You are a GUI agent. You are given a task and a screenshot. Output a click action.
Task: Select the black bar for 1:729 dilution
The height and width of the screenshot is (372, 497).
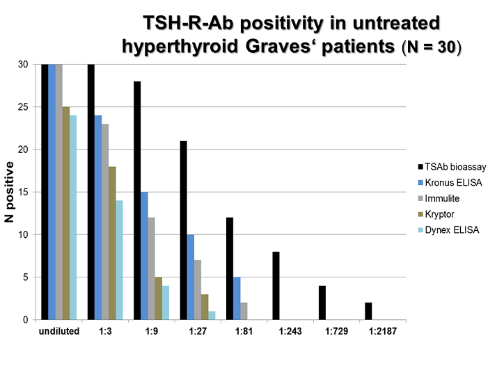pos(322,303)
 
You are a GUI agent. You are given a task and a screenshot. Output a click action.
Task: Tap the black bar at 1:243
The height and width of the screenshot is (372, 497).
pos(276,286)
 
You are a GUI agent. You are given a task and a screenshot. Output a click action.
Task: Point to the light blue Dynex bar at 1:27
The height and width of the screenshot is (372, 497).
pos(212,316)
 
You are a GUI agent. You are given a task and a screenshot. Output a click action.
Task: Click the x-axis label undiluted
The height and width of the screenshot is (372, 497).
pos(59,331)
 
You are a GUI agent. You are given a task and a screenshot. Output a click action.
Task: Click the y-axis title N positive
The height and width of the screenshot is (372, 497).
pos(10,193)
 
